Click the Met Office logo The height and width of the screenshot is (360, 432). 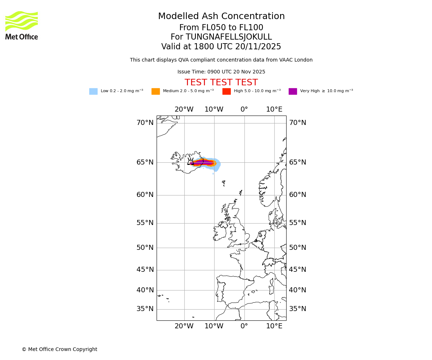click(22, 25)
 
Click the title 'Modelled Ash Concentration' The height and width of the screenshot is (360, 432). click(221, 17)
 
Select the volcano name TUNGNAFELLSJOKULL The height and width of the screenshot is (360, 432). click(229, 37)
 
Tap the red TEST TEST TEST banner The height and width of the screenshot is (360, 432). click(221, 83)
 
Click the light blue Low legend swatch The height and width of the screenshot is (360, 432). click(93, 91)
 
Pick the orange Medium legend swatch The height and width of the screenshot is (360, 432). click(156, 91)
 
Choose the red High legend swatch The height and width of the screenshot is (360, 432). click(226, 91)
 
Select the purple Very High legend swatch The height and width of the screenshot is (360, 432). click(293, 91)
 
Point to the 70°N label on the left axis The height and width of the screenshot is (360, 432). click(145, 123)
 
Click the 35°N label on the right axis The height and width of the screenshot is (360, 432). click(298, 309)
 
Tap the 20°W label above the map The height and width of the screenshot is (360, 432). click(184, 109)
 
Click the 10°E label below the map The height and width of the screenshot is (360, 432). click(274, 326)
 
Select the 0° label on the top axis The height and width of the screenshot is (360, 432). click(244, 109)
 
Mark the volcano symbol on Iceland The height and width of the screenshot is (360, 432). click(190, 162)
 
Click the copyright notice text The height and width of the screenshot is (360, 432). click(59, 350)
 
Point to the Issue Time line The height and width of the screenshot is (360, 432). click(221, 72)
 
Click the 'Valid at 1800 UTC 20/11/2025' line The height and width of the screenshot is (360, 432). click(221, 47)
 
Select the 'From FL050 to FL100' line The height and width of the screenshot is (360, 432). click(221, 28)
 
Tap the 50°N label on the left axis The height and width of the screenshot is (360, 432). click(145, 248)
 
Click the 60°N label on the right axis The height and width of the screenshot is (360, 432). click(298, 195)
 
